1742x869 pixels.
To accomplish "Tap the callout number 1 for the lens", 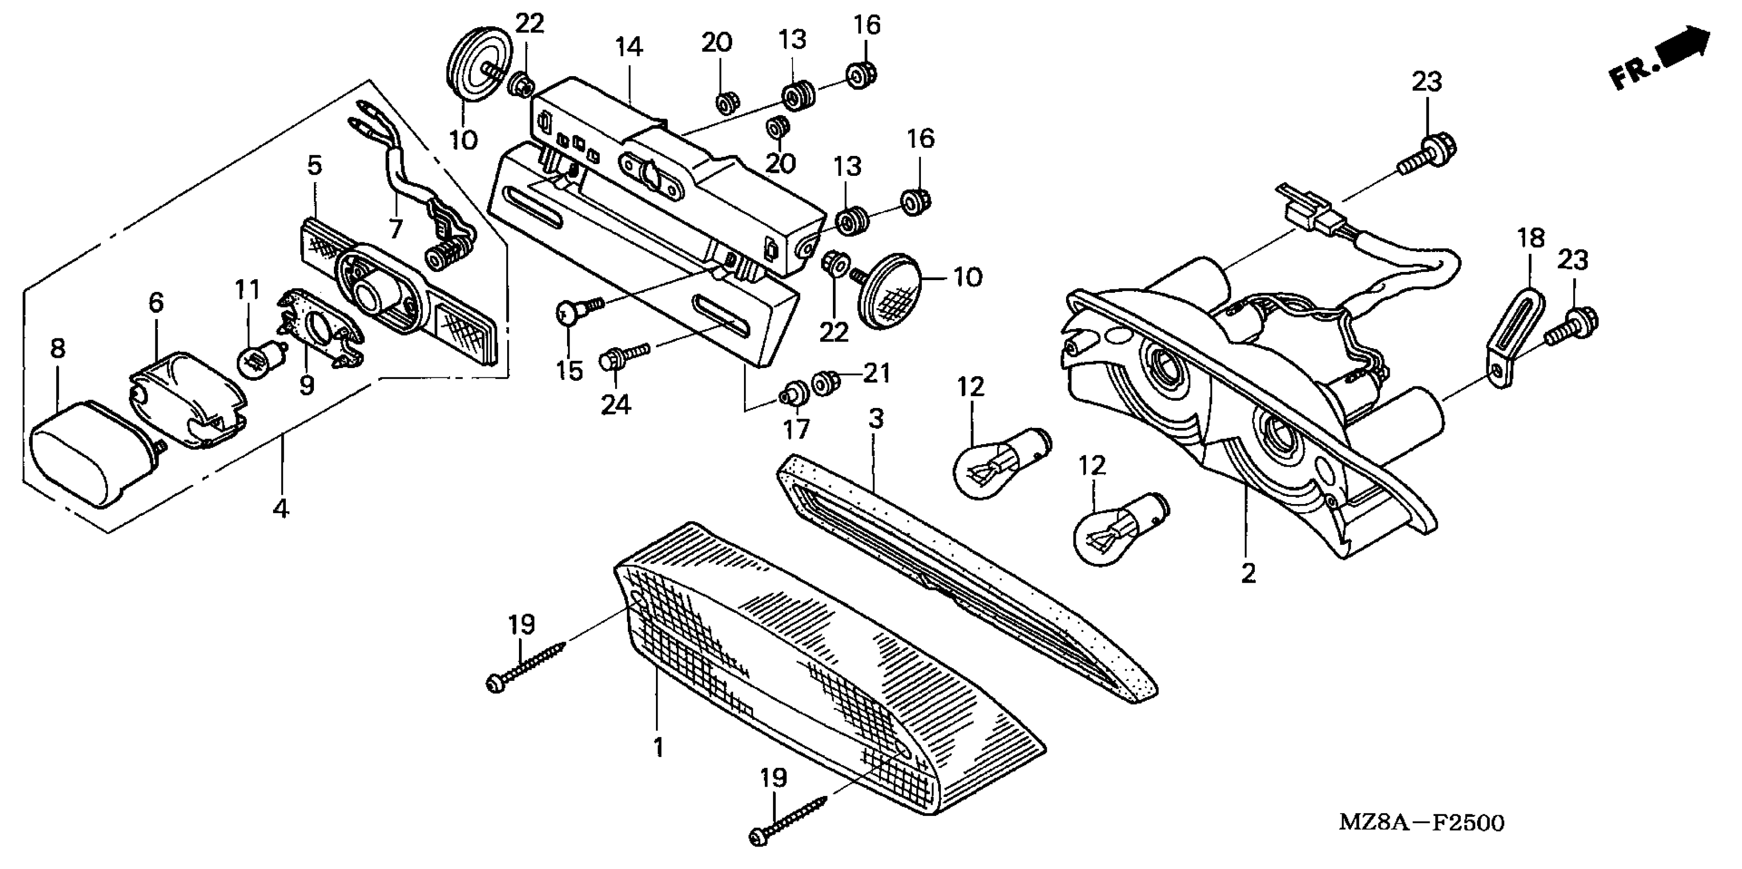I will (x=658, y=747).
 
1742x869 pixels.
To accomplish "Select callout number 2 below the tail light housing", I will (x=1249, y=574).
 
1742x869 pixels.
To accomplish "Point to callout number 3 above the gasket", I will (x=876, y=419).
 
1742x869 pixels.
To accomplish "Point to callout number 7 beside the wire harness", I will (x=396, y=228).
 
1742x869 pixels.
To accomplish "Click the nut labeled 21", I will (x=823, y=383).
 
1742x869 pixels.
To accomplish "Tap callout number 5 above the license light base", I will (x=314, y=166).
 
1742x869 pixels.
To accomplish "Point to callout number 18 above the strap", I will (x=1531, y=238).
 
